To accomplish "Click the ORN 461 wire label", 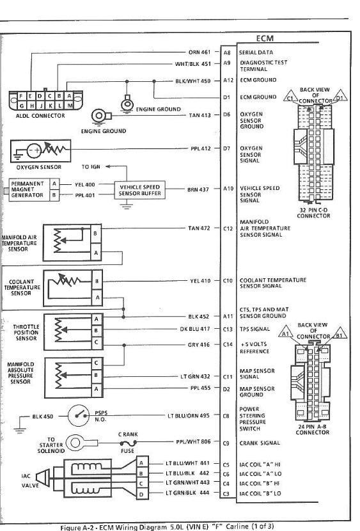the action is click(200, 52).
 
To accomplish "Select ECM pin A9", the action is click(227, 63).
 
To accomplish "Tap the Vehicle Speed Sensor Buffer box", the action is click(140, 190).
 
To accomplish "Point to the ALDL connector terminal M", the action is click(69, 106).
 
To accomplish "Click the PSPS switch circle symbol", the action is click(79, 415).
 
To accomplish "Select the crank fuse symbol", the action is click(128, 443).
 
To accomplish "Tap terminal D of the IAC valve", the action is click(141, 494).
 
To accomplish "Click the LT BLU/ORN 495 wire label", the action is click(189, 415).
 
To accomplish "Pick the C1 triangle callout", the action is click(290, 96).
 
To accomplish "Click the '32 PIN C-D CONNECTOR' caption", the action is click(314, 212).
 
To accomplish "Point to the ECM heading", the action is click(265, 38).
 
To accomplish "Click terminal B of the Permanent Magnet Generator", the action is click(54, 195).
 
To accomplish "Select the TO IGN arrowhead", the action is click(108, 166).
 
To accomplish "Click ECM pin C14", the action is click(228, 344).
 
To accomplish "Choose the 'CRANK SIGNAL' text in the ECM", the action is click(260, 443).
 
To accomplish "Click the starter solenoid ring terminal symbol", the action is click(75, 443).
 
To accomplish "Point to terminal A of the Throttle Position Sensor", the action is click(97, 319).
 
